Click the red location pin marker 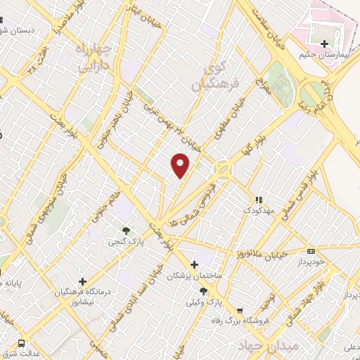[181, 165]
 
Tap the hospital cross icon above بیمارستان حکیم [324, 44]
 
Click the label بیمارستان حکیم [324, 55]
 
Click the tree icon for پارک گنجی [127, 230]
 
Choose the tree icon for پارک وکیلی [204, 290]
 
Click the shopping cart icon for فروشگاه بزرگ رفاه [240, 310]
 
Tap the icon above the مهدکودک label [258, 199]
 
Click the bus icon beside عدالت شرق [22, 343]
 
